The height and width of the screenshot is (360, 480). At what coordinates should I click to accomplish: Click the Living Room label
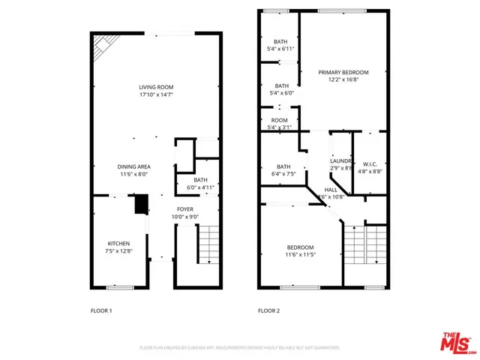pyautogui.click(x=156, y=91)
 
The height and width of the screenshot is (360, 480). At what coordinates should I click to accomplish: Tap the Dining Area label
pyautogui.click(x=133, y=169)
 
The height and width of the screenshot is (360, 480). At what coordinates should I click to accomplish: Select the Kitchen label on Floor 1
pyautogui.click(x=118, y=247)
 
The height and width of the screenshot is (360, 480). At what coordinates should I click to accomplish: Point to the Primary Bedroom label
pyautogui.click(x=343, y=76)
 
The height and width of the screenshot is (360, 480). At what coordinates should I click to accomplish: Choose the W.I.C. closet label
pyautogui.click(x=370, y=167)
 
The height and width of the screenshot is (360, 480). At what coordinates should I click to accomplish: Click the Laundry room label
pyautogui.click(x=341, y=165)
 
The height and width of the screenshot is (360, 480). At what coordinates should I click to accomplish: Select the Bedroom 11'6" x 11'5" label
pyautogui.click(x=300, y=251)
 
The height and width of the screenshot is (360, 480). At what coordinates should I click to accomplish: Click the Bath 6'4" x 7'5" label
pyautogui.click(x=283, y=170)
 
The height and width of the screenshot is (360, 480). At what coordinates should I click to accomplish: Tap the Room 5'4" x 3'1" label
pyautogui.click(x=280, y=124)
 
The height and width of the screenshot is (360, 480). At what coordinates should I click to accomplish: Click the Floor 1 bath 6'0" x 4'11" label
pyautogui.click(x=200, y=184)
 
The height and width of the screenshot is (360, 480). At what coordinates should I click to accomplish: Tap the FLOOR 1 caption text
pyautogui.click(x=100, y=310)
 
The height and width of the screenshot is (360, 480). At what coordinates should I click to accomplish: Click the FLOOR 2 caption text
pyautogui.click(x=268, y=310)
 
